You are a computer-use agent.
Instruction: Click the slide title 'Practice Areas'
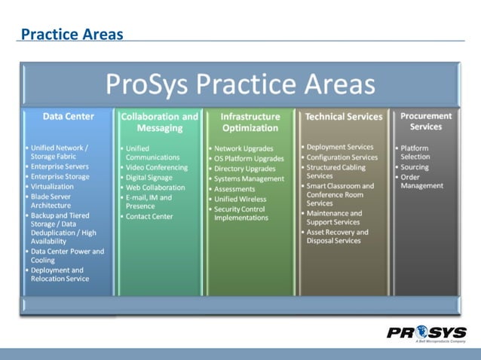(x=72, y=34)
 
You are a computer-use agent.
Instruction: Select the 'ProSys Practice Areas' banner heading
(x=240, y=84)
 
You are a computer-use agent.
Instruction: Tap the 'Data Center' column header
(x=69, y=117)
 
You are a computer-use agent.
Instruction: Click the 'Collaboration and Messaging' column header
(x=160, y=122)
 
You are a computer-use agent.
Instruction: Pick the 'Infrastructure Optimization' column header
(x=250, y=122)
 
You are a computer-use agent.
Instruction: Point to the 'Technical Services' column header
(x=343, y=117)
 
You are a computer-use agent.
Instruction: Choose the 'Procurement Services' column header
(x=426, y=121)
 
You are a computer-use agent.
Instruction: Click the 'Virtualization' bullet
(x=52, y=186)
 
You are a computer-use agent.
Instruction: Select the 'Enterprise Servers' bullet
(x=60, y=166)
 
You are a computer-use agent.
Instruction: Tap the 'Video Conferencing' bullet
(x=157, y=168)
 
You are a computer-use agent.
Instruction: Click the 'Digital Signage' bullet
(x=152, y=178)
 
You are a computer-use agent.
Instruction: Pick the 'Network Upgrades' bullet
(x=244, y=149)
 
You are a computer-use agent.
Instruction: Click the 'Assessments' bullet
(x=235, y=188)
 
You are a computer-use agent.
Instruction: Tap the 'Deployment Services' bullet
(x=340, y=147)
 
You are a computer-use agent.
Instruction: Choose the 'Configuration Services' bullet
(x=342, y=157)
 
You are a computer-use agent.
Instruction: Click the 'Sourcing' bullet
(x=415, y=167)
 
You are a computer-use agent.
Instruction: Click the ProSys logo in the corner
(x=427, y=334)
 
